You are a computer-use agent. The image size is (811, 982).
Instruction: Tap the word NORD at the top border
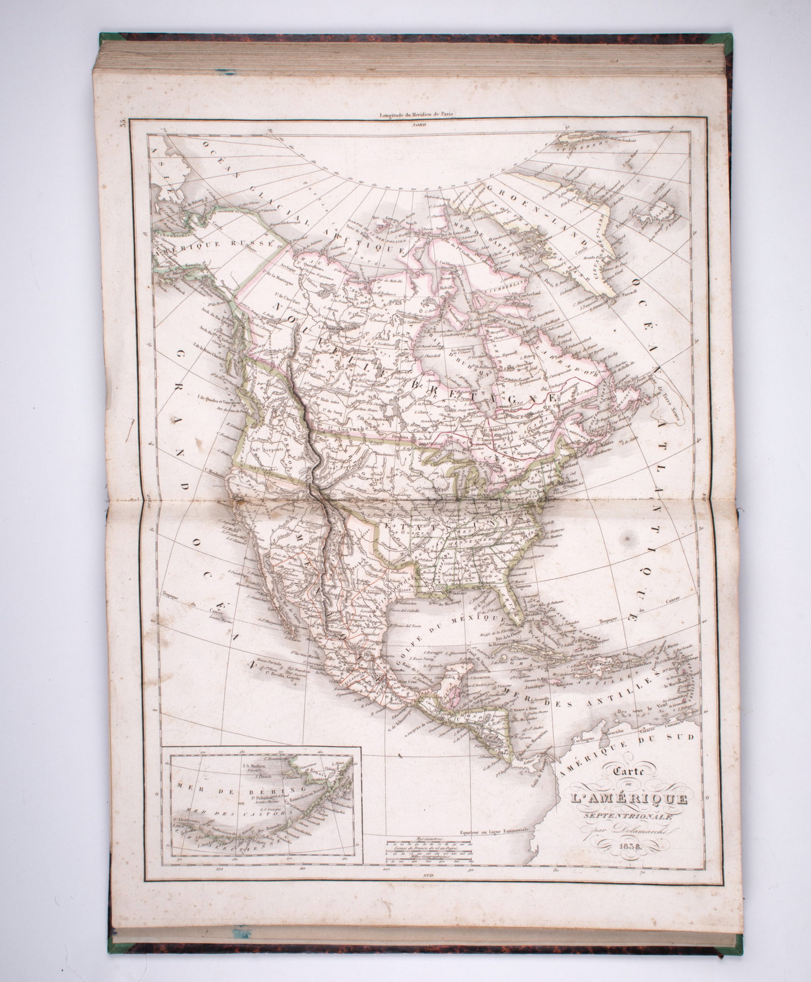(x=419, y=124)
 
